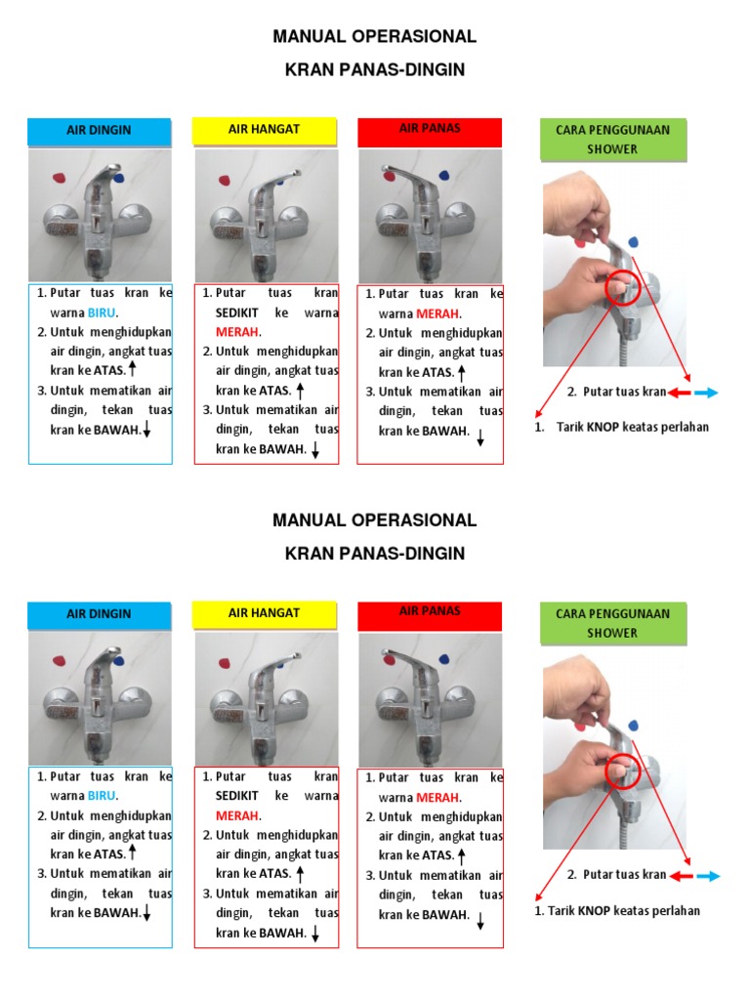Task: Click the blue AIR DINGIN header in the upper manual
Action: (99, 130)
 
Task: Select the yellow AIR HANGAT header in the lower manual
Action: (264, 613)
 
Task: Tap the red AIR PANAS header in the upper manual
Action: (430, 129)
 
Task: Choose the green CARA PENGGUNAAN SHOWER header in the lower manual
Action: (613, 623)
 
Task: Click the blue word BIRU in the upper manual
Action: (102, 313)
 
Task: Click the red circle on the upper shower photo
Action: (622, 289)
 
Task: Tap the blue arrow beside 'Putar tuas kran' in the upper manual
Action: (706, 393)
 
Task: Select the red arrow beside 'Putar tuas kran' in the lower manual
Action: (680, 876)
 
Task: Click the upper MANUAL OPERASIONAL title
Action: (375, 37)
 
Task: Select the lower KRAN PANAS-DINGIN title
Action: (375, 554)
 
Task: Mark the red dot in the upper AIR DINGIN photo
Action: (60, 177)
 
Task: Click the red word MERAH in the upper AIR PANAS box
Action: (437, 313)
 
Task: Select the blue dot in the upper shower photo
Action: (635, 240)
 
